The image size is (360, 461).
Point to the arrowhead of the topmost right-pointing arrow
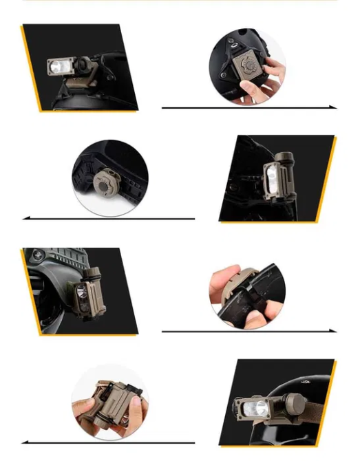[x=334, y=107]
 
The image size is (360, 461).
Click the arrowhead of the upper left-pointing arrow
[x=25, y=218]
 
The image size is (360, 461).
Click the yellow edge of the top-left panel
[x=30, y=69]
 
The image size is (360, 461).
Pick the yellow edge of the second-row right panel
[x=328, y=179]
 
